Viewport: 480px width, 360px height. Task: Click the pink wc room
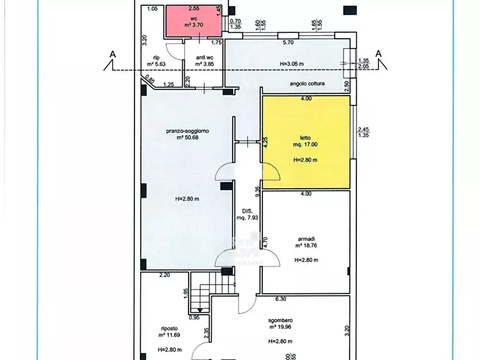[x=194, y=21]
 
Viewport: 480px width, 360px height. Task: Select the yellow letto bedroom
[x=306, y=142]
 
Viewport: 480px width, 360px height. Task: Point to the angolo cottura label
[x=307, y=84]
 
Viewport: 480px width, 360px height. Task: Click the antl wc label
[x=204, y=57]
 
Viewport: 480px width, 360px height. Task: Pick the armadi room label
[x=306, y=239]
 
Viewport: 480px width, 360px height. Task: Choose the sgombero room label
[x=281, y=321]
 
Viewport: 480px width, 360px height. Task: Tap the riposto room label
[x=169, y=328]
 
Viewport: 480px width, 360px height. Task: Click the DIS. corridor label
[x=247, y=211]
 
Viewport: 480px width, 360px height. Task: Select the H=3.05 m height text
[x=292, y=64]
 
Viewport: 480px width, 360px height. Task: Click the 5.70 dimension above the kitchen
[x=288, y=42]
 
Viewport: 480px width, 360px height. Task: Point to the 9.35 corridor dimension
[x=258, y=192]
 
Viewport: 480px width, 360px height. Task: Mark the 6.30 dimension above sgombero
[x=281, y=299]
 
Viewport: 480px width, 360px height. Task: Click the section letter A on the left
[x=113, y=54]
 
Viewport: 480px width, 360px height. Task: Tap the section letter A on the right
[x=378, y=54]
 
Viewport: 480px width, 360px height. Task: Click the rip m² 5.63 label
[x=156, y=61]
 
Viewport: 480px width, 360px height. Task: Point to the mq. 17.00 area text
[x=305, y=145]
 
